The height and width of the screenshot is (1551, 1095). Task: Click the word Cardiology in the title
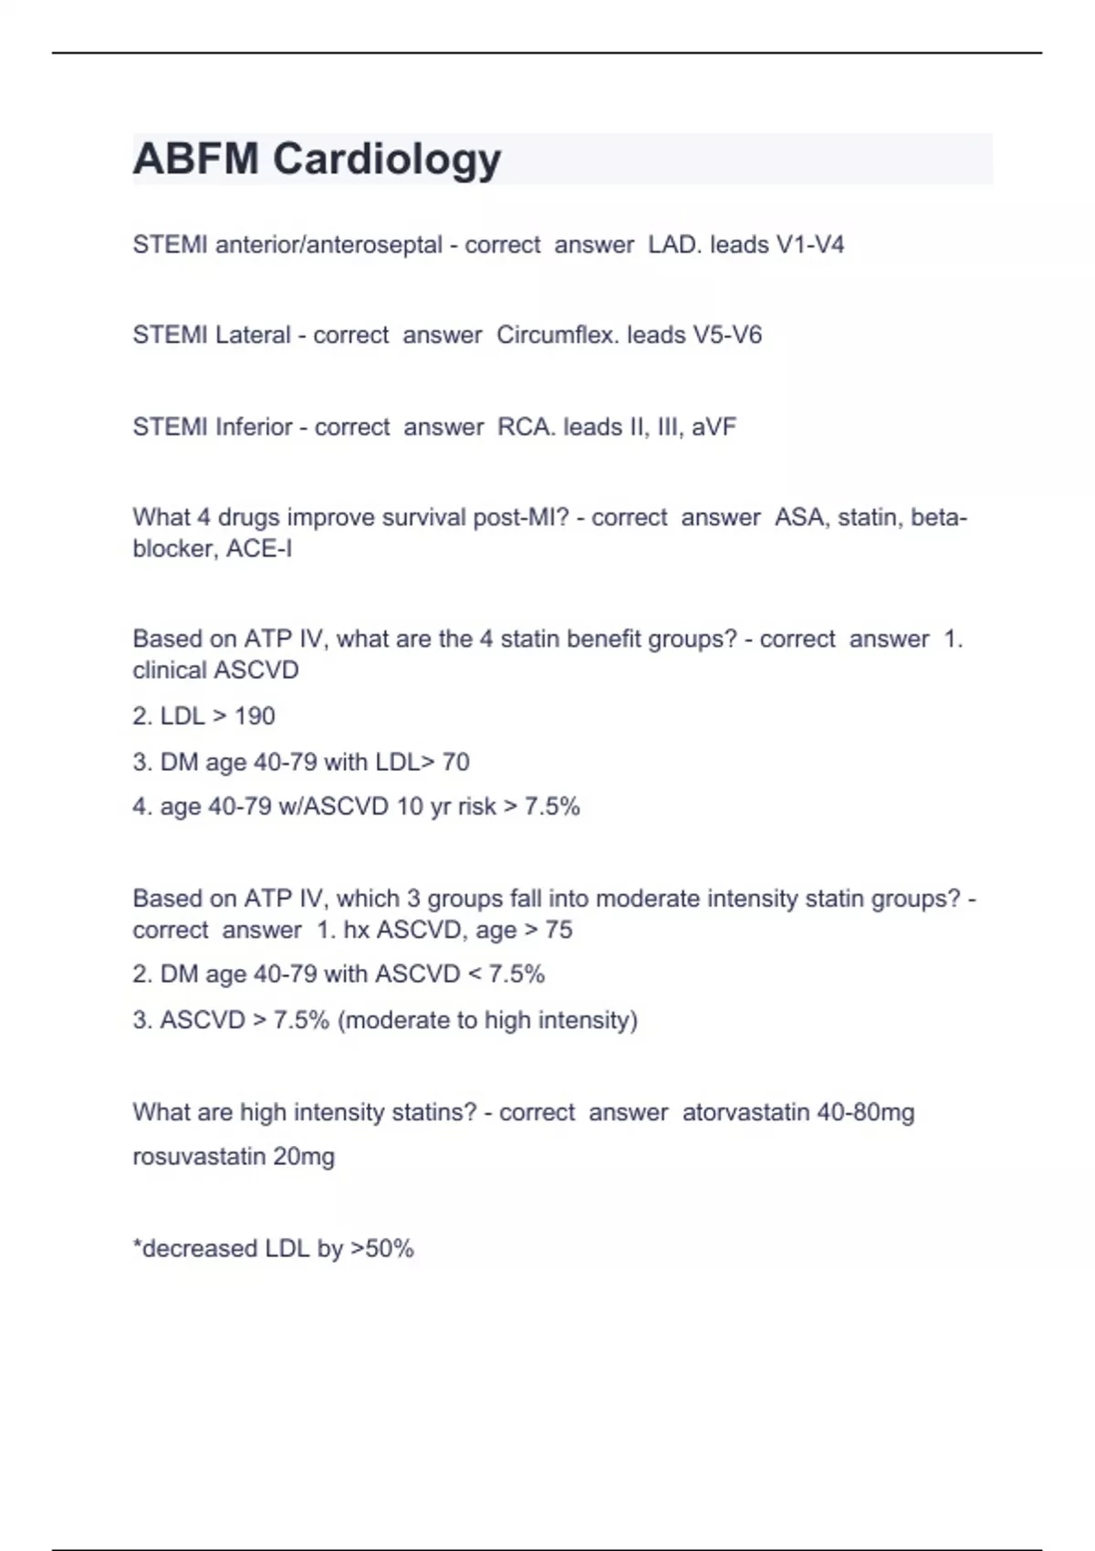(387, 160)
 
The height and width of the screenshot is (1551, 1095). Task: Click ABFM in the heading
(195, 159)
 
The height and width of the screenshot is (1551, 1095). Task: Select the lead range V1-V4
(809, 245)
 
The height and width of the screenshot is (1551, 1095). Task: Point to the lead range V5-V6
(727, 335)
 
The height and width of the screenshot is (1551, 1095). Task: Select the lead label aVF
(714, 427)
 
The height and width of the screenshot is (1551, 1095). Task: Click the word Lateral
(253, 335)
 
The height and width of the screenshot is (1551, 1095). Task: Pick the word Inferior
(254, 427)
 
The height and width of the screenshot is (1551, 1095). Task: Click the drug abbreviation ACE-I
(259, 548)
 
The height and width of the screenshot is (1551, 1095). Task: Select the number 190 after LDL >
(255, 716)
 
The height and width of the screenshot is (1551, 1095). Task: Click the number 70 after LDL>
(455, 762)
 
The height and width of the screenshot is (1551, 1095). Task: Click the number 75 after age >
(558, 930)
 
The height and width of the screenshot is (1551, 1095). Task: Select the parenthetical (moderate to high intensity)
(487, 1020)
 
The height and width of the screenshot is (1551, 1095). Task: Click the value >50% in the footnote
(382, 1248)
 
